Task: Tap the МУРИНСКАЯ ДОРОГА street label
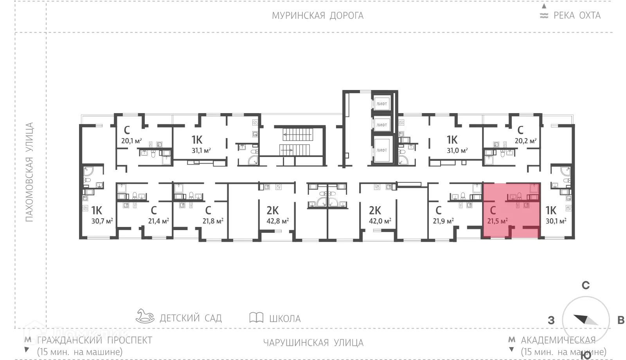318,16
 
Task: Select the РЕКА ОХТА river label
577,16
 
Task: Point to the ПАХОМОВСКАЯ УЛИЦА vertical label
29,172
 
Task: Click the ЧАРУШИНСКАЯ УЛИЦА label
313,343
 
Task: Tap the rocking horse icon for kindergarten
145,316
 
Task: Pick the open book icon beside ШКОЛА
256,317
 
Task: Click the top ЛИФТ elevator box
381,104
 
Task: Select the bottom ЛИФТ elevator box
381,150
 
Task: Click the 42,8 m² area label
278,221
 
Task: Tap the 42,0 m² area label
380,221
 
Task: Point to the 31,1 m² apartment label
201,150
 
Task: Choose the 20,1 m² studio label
131,141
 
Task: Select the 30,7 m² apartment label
102,221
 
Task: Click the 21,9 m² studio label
443,221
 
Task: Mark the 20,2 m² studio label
525,141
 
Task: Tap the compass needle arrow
586,320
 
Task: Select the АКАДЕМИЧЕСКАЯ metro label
558,340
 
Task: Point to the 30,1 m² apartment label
556,221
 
